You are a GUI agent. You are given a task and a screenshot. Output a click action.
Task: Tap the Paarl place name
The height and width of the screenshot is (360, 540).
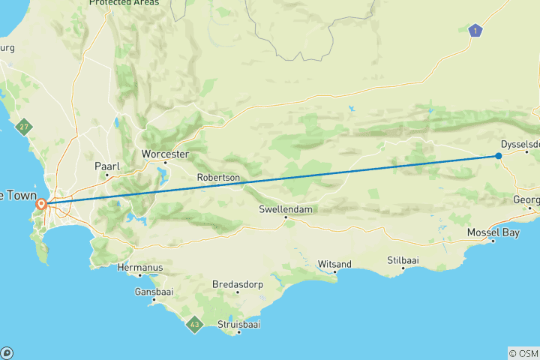[x=106, y=166]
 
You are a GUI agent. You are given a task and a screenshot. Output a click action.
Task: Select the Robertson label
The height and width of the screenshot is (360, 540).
[x=218, y=178]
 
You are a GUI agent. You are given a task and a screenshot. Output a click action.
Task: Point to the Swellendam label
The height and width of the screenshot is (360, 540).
[x=285, y=209]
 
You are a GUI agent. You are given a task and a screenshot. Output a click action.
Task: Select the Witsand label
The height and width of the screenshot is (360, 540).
[x=334, y=263]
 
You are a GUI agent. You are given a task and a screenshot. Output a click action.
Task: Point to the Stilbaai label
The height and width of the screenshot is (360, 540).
[x=403, y=259]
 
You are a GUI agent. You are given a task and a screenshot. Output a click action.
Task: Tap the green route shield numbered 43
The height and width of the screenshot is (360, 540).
[x=195, y=325]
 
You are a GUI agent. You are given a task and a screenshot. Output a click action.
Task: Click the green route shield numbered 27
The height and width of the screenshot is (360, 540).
[x=25, y=127]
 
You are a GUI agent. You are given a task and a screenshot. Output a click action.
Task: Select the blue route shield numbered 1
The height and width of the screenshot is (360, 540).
[x=474, y=31]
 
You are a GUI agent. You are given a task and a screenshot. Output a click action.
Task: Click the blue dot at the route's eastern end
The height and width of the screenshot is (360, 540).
[x=499, y=156]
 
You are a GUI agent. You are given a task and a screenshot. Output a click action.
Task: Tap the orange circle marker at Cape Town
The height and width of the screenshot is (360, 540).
[x=43, y=203]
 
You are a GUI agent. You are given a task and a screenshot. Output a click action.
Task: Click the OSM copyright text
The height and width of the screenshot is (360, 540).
[x=523, y=352]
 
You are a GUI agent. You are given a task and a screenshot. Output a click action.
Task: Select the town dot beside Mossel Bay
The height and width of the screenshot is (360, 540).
[x=493, y=241]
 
